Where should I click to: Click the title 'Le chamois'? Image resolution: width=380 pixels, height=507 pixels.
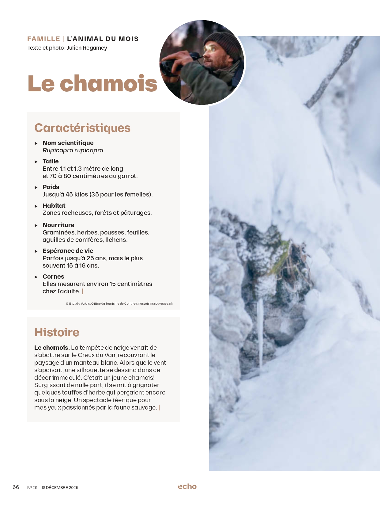coord(92,83)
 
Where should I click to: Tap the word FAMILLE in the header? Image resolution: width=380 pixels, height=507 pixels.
coord(43,39)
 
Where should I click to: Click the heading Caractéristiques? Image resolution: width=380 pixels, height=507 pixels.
coord(82,128)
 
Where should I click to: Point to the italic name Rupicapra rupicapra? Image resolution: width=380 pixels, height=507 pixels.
coord(73,150)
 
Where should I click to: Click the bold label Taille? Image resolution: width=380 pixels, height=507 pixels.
coord(51,161)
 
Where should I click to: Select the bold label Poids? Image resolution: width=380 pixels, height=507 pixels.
coord(51,187)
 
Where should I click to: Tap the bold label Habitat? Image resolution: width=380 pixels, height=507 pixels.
coord(54,206)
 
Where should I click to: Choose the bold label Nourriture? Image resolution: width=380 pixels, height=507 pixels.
coord(58,225)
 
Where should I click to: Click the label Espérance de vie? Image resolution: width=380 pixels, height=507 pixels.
coord(68,251)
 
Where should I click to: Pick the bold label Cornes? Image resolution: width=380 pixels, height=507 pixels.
coord(53,276)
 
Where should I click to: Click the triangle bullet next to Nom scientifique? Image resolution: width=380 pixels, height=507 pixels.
coord(36,143)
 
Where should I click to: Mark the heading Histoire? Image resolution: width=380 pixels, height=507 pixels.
coord(57,332)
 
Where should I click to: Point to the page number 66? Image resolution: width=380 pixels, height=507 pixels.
coord(16,487)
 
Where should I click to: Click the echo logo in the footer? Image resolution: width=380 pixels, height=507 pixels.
coord(187,486)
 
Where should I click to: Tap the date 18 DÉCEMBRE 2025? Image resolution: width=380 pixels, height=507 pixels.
coord(60,488)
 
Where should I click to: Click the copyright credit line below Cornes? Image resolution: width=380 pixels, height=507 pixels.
coord(119,303)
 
